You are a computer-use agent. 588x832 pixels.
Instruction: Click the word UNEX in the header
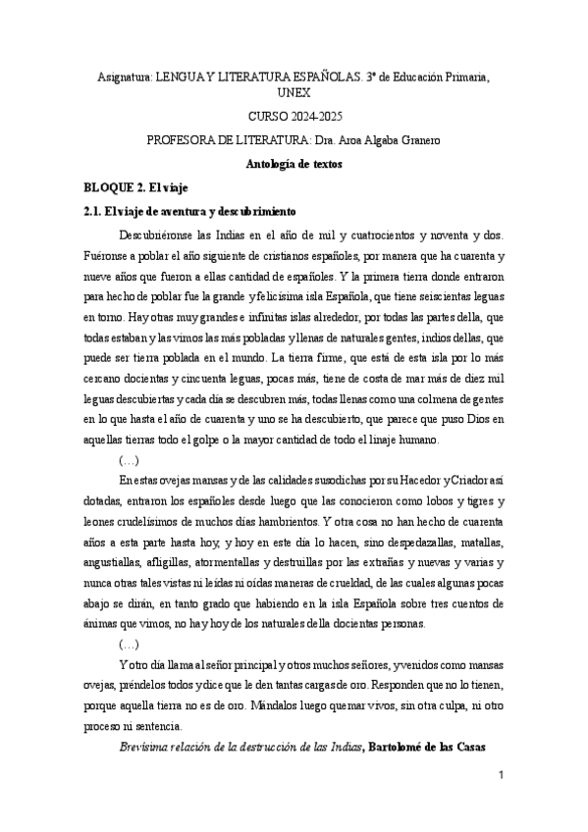[294, 91]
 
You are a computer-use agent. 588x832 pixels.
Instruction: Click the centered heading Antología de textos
[294, 164]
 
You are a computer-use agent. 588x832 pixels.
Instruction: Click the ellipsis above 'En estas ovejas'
[129, 458]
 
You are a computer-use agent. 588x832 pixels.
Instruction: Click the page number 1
[500, 776]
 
